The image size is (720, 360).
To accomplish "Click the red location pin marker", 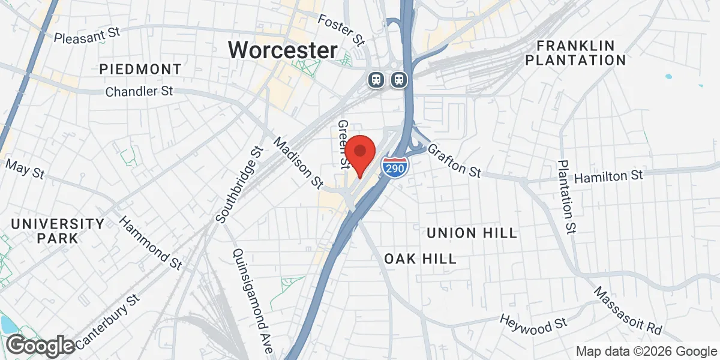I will (359, 154).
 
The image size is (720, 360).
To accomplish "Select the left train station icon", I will (376, 79).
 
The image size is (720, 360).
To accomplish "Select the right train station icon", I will (398, 79).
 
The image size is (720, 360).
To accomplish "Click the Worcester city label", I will (283, 50).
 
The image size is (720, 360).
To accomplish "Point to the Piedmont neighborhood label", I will (140, 69).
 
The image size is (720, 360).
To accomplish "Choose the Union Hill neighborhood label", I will (472, 233).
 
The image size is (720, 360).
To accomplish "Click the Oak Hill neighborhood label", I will (421, 259).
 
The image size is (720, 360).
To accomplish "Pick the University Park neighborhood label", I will (58, 231).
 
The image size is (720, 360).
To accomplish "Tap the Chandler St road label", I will (139, 92).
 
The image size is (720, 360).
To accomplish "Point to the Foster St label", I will (342, 30).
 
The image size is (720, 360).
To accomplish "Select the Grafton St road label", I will (454, 160).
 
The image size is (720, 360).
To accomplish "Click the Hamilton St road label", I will (608, 177).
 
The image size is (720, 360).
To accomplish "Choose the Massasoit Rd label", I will (628, 310).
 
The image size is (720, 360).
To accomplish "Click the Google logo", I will (41, 346).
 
